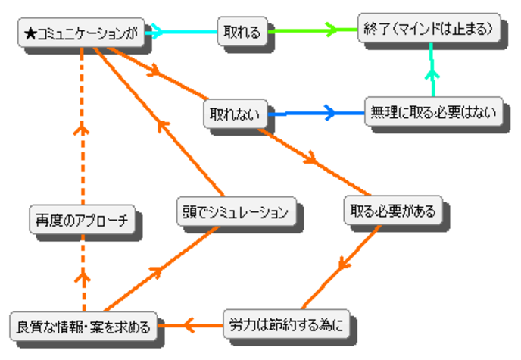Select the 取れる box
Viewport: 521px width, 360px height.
(x=242, y=32)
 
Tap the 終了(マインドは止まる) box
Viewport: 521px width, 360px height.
(x=431, y=29)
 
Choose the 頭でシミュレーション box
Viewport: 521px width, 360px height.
(x=236, y=212)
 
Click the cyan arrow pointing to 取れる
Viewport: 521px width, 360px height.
(x=186, y=32)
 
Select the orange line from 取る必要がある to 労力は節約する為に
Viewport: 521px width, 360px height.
(x=345, y=265)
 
